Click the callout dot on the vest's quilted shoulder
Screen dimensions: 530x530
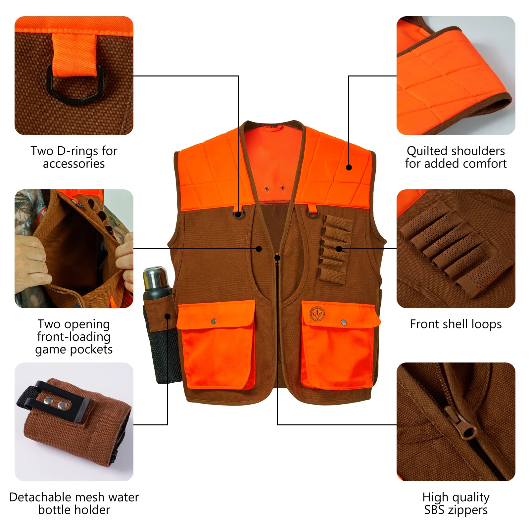pyautogui.click(x=349, y=168)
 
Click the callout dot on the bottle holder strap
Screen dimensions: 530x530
pyautogui.click(x=168, y=316)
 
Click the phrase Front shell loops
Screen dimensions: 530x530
pyautogui.click(x=456, y=324)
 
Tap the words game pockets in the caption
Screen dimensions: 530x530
pyautogui.click(x=74, y=350)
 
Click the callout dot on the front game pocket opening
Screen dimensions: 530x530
pyautogui.click(x=259, y=249)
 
